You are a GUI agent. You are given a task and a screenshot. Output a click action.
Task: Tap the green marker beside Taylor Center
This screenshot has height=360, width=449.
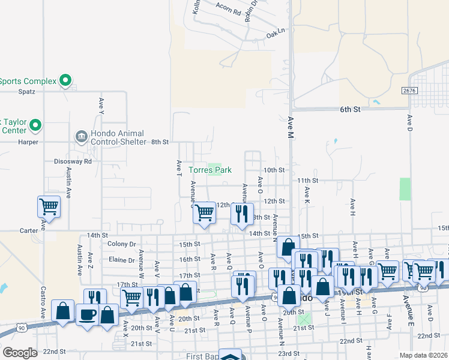(35, 125)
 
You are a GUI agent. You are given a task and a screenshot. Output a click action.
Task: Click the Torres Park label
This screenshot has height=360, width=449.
(210, 170)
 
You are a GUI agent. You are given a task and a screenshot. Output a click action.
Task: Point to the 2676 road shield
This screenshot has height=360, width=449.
(410, 89)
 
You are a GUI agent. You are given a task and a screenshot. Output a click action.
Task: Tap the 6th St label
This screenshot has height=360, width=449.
(349, 110)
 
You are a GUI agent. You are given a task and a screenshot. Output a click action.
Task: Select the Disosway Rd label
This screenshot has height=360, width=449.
(73, 161)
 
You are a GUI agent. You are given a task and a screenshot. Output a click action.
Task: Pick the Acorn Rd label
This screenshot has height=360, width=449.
(229, 11)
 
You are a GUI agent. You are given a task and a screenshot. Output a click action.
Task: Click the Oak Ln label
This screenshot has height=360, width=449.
(276, 31)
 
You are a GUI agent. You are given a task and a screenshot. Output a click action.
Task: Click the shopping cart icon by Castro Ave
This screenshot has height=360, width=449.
(49, 207)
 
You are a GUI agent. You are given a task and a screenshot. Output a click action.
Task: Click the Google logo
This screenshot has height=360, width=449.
(20, 352)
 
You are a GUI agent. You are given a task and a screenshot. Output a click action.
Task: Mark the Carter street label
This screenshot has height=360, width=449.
(28, 230)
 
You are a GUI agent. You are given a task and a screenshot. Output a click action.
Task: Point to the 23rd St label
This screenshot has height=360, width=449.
(288, 353)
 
